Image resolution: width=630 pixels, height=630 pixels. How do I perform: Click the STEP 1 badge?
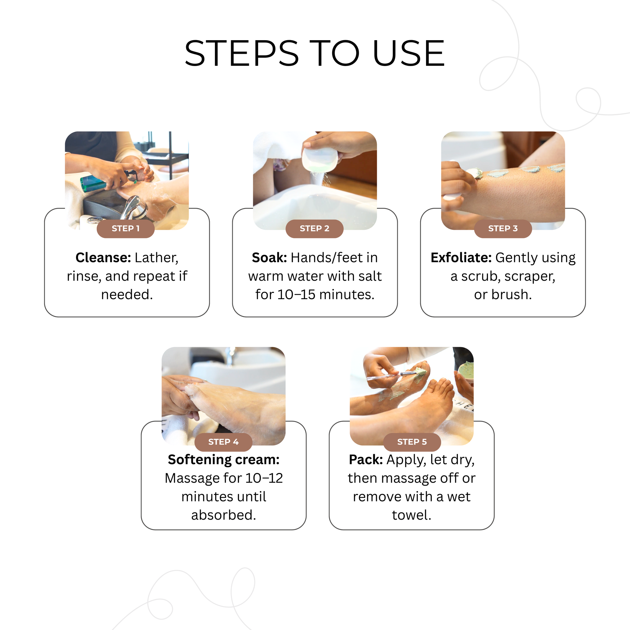[126, 229]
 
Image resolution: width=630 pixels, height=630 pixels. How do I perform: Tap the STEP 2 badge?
[314, 229]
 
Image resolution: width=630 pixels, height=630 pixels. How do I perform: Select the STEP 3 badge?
[503, 229]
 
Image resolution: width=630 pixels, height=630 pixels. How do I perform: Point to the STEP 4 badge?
[223, 442]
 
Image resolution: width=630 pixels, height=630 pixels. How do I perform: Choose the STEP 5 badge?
[412, 442]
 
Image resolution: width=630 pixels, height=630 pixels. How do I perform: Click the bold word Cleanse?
[103, 258]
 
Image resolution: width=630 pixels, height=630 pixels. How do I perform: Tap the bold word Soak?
[269, 258]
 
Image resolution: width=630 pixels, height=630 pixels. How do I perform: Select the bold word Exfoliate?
[461, 258]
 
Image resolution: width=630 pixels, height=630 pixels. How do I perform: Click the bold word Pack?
[366, 459]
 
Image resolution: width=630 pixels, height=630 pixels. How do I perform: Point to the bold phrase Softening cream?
[224, 459]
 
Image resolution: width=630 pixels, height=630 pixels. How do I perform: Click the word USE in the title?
[409, 53]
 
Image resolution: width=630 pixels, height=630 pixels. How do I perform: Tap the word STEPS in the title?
[242, 53]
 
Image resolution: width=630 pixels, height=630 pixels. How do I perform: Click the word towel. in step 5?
[411, 515]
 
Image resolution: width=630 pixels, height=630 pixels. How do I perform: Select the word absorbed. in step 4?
[224, 515]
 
